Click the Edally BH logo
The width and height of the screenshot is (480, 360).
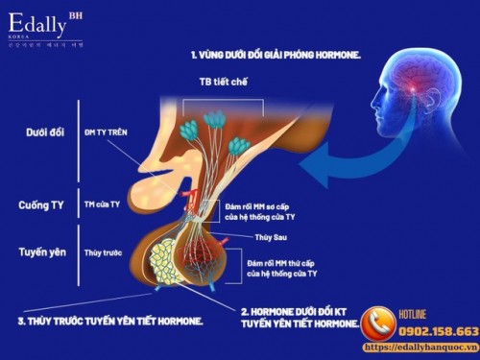(47, 23)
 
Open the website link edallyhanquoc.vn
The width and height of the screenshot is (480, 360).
(419, 347)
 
